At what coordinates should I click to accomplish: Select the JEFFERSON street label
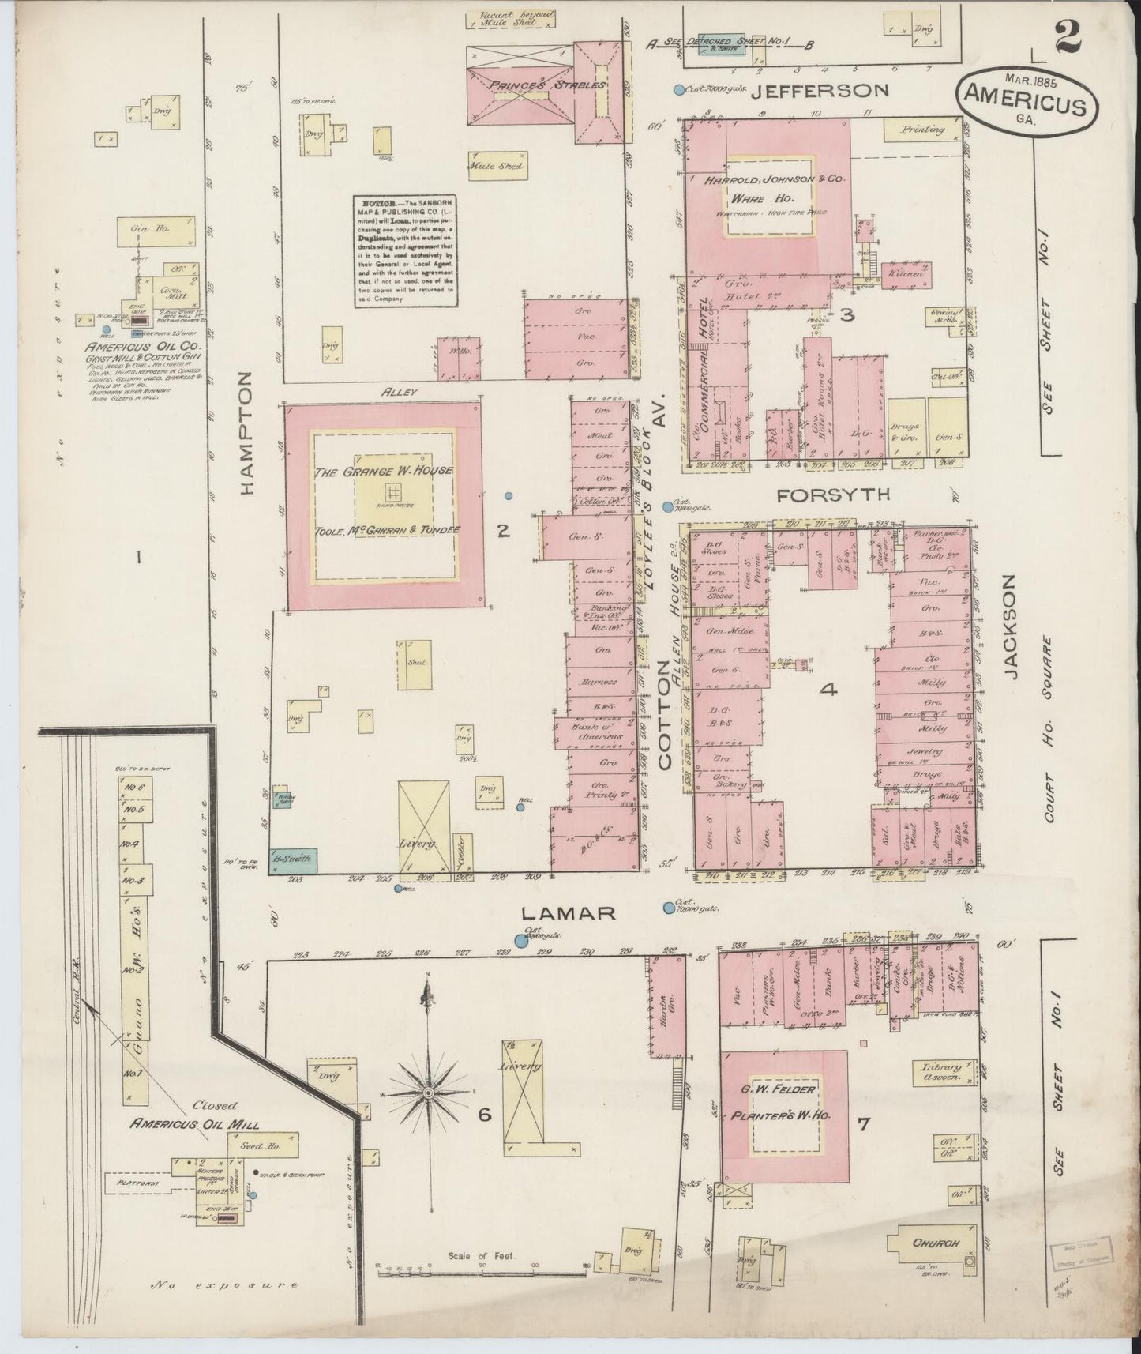pos(819,91)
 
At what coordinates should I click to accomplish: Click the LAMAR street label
pos(569,912)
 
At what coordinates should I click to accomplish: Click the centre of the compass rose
pos(427,1093)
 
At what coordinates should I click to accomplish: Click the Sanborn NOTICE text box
pos(404,250)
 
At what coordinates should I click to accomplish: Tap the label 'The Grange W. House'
pos(383,472)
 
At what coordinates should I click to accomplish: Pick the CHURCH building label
pos(935,1243)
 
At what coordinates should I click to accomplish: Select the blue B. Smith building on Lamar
pos(294,859)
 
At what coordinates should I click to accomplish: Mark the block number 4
pos(828,690)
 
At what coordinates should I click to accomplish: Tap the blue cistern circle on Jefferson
pos(678,90)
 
